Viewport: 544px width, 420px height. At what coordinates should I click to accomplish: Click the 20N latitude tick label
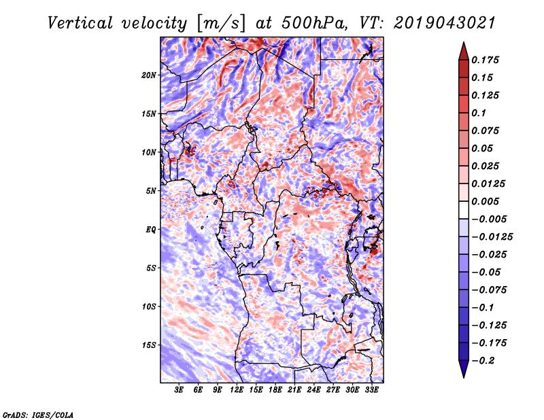[x=149, y=75]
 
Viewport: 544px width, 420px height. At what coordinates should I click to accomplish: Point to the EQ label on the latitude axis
[x=151, y=230]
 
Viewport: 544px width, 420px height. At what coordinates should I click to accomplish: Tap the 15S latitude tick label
[x=149, y=345]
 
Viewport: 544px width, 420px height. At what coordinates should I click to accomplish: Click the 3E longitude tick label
[x=180, y=391]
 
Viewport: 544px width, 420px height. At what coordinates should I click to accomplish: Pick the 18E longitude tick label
[x=275, y=391]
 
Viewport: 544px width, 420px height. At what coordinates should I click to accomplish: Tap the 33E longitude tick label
[x=371, y=391]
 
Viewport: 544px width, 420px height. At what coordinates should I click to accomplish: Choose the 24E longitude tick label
[x=314, y=391]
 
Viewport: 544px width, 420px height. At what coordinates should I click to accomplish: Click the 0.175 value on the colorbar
[x=487, y=60]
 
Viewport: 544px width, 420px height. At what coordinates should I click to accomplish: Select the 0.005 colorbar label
[x=487, y=201]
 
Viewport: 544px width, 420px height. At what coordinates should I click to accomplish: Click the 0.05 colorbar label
[x=483, y=148]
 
